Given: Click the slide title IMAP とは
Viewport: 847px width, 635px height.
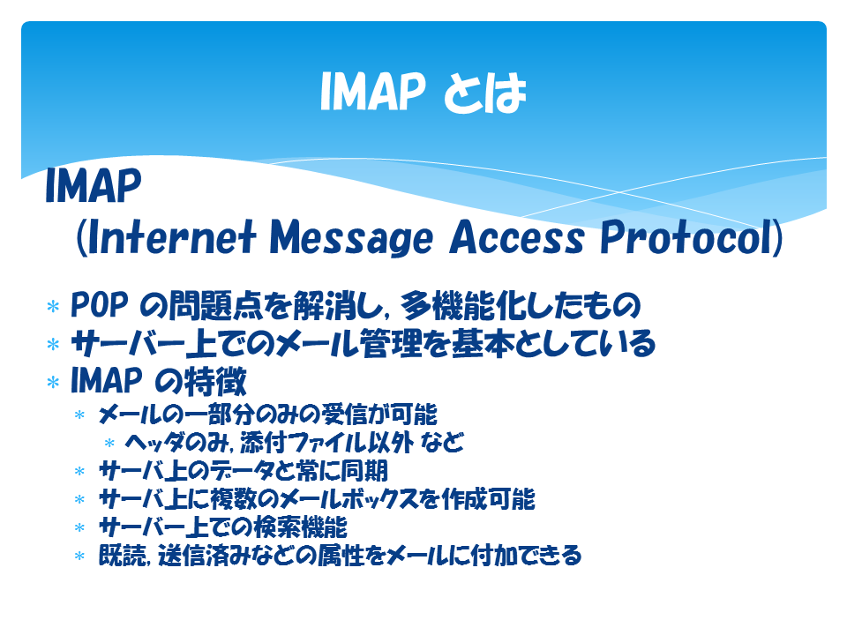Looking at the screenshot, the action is [423, 92].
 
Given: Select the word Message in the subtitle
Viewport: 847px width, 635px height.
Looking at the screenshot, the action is [351, 238].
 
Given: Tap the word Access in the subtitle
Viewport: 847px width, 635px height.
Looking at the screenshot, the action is [517, 237].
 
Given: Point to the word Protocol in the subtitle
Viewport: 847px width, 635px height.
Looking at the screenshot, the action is [686, 237].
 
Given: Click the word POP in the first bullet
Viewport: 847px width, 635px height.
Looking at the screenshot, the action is [100, 305].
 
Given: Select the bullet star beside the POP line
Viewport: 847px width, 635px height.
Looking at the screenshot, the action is [53, 307].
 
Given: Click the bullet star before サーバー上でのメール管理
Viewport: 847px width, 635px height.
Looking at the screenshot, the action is [53, 344].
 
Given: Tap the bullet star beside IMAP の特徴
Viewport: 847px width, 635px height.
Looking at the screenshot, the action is [53, 382].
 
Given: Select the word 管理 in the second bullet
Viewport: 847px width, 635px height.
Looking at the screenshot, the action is [391, 343].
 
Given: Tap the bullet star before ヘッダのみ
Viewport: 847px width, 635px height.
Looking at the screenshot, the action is [109, 444].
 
